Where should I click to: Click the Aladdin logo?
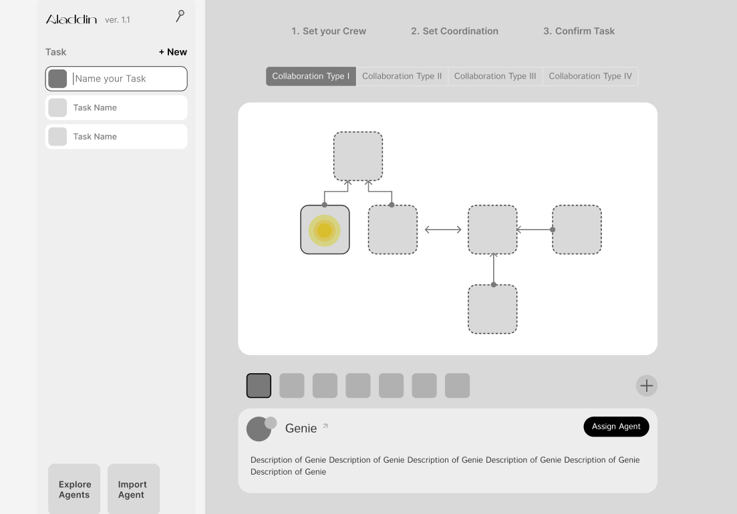pos(71,19)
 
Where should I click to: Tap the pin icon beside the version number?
pos(180,16)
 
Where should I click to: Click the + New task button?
pos(173,52)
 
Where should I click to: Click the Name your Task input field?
pos(116,79)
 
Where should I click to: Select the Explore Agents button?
pos(74,489)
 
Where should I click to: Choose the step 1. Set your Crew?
pos(329,31)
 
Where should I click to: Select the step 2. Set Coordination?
pos(454,31)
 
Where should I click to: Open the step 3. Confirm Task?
pos(579,31)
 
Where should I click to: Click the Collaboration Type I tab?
pos(311,77)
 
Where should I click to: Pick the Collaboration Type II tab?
pos(402,77)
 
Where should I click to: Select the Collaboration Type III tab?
pos(495,77)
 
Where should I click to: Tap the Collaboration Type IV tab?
pos(591,77)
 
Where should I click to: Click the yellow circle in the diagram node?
pos(324,230)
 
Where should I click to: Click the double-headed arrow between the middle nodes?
pos(443,230)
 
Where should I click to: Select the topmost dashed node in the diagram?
pos(358,156)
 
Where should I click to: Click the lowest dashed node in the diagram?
pos(492,309)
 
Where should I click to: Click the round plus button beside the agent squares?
pos(647,386)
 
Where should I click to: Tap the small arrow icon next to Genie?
pos(325,427)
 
